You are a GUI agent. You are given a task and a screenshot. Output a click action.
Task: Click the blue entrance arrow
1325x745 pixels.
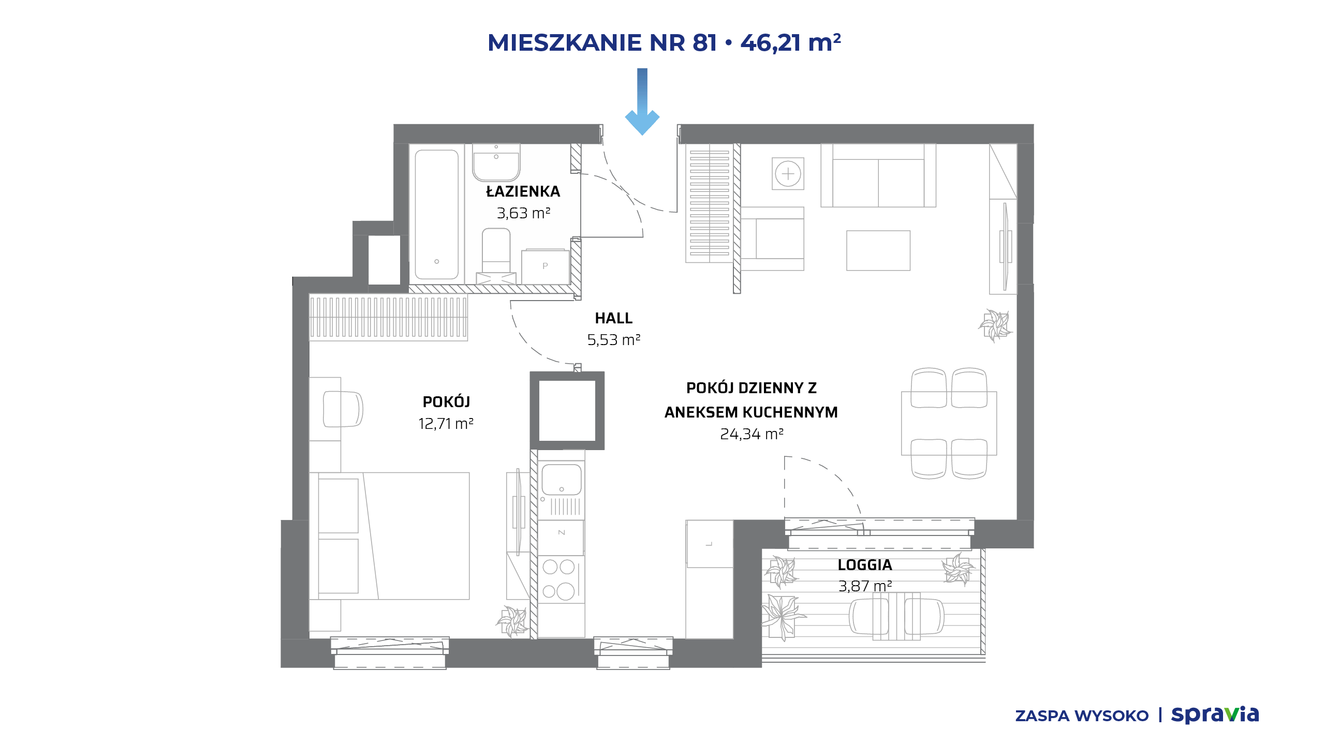642,101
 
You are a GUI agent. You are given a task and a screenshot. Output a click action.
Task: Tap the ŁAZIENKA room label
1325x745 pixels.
523,191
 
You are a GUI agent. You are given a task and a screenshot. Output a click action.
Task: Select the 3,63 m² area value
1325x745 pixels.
523,213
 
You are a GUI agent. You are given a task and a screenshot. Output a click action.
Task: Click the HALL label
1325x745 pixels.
614,318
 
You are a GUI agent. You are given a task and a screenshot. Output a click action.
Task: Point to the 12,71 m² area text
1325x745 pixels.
446,424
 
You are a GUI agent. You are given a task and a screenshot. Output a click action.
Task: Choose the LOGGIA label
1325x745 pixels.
865,565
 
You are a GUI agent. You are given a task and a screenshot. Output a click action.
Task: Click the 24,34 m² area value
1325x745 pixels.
752,434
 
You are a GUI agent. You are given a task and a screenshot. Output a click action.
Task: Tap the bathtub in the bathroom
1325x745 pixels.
436,214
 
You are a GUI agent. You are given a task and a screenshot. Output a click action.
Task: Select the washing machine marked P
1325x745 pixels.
546,266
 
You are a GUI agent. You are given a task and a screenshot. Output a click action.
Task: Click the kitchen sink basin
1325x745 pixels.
562,480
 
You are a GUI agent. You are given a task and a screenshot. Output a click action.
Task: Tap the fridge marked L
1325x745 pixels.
710,544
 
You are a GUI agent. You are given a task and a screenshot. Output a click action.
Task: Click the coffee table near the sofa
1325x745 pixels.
878,250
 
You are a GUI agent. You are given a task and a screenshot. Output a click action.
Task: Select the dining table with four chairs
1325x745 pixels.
949,423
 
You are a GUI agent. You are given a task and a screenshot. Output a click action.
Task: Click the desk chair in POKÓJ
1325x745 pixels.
342,409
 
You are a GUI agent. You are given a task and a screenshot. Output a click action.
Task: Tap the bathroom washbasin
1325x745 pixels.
496,162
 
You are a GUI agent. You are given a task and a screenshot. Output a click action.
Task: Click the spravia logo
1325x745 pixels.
1215,715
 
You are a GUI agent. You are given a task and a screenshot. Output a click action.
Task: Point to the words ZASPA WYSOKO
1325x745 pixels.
1082,716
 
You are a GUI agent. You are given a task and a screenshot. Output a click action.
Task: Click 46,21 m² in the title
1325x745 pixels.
791,42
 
